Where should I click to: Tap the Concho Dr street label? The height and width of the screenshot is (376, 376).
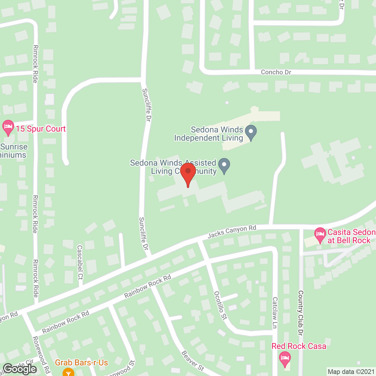pyautogui.click(x=276, y=72)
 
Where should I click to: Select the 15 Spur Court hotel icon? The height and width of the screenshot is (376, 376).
pyautogui.click(x=8, y=127)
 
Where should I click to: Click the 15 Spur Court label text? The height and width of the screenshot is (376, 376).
pyautogui.click(x=41, y=129)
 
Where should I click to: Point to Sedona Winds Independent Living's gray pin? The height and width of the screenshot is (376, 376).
pyautogui.click(x=251, y=132)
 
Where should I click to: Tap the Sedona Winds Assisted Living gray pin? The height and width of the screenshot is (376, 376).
pyautogui.click(x=224, y=165)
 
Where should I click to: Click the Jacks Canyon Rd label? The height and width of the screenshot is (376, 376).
pyautogui.click(x=232, y=231)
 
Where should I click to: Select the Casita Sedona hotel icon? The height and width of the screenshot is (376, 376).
pyautogui.click(x=320, y=235)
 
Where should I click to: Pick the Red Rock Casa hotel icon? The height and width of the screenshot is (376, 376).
pyautogui.click(x=285, y=359)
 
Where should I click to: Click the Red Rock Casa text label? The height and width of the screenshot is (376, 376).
pyautogui.click(x=299, y=346)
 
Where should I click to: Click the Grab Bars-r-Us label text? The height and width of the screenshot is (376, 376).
pyautogui.click(x=81, y=363)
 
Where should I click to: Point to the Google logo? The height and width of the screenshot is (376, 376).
pyautogui.click(x=20, y=369)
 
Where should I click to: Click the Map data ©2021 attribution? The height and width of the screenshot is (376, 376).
pyautogui.click(x=351, y=372)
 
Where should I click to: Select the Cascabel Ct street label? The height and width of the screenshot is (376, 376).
pyautogui.click(x=80, y=262)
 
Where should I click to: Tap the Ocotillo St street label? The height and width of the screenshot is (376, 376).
pyautogui.click(x=221, y=305)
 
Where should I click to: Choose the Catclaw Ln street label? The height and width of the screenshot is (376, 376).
pyautogui.click(x=275, y=313)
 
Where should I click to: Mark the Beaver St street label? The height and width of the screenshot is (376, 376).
pyautogui.click(x=192, y=361)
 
